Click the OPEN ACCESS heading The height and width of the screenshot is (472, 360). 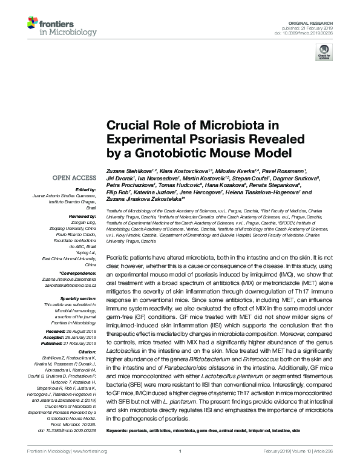click(x=74, y=178)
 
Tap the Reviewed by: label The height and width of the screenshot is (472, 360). click(x=82, y=216)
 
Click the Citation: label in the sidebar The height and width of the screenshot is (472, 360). click(x=88, y=352)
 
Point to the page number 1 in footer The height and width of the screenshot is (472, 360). click(x=180, y=451)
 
